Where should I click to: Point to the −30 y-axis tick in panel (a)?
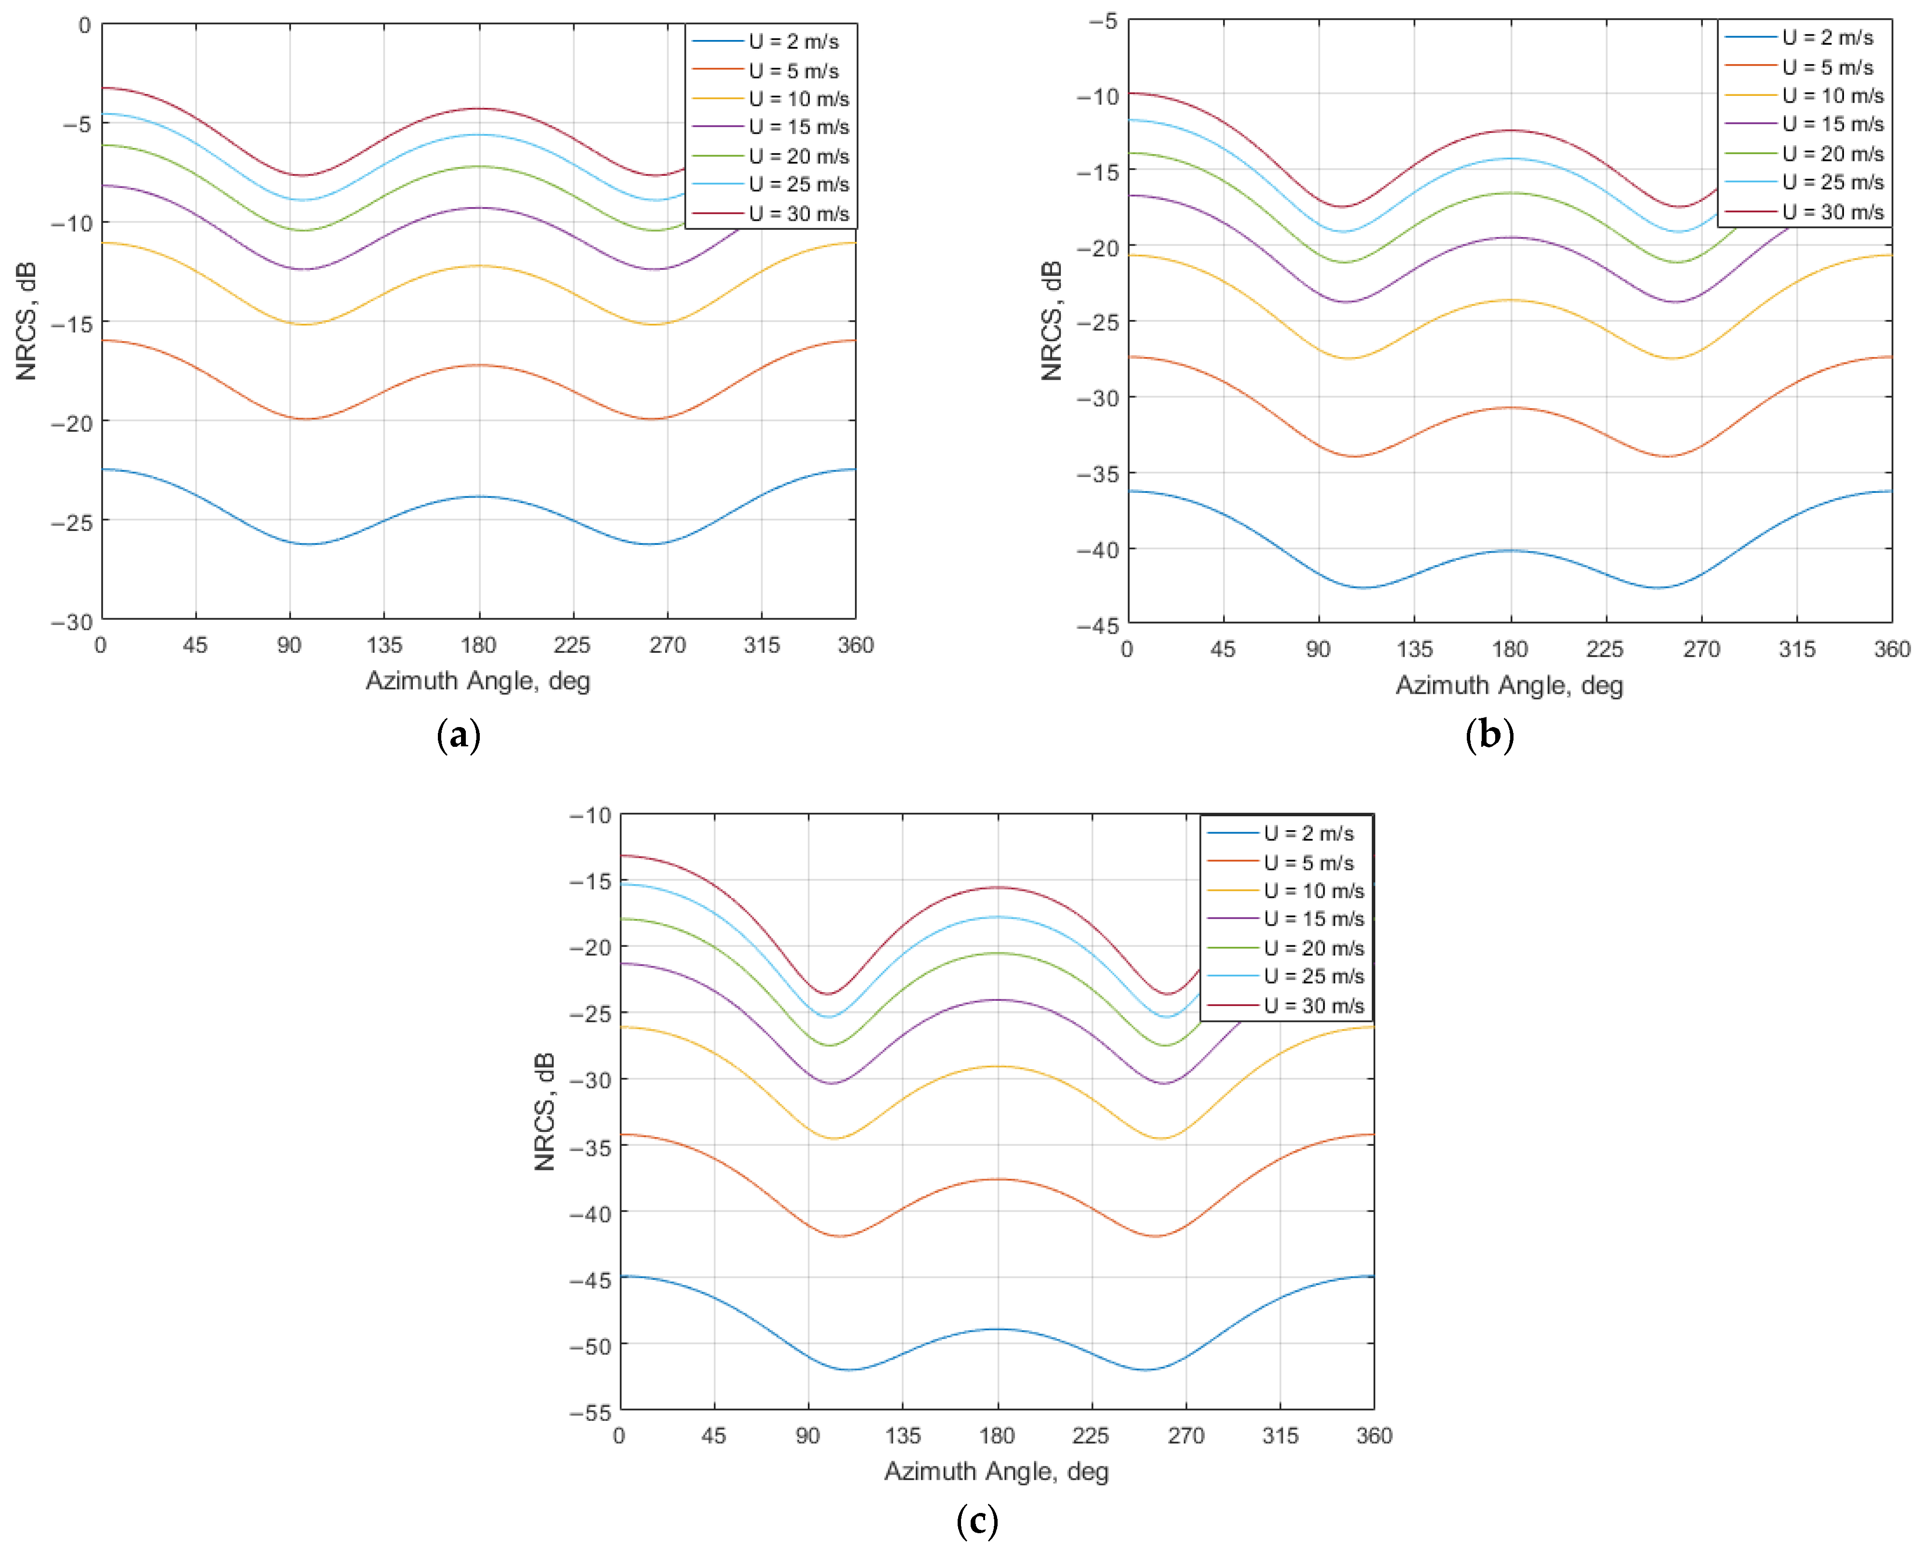71,622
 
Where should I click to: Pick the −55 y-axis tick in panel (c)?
591,1413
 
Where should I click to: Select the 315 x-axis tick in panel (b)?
1796,650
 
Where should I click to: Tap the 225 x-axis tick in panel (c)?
1091,1436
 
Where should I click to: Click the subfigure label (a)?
459,735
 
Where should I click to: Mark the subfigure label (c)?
976,1521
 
